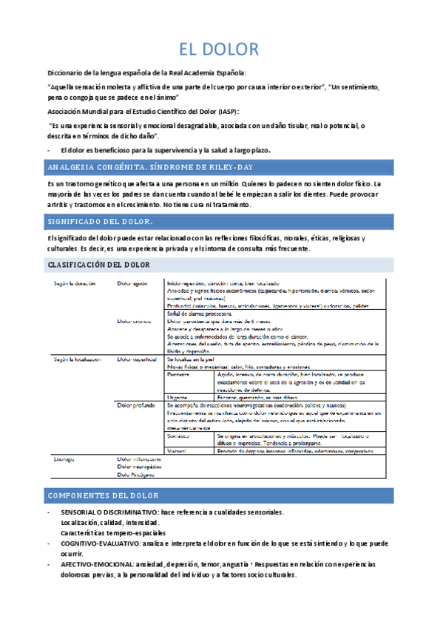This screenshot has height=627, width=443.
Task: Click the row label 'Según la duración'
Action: point(74,282)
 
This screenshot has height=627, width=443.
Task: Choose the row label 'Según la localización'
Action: point(78,359)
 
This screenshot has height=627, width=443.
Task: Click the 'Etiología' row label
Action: point(64,459)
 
